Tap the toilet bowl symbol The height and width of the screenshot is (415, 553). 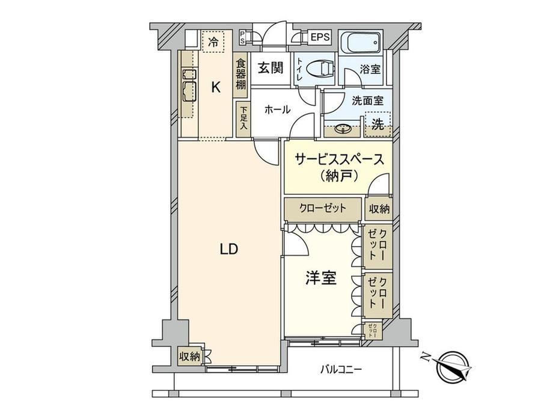(x=320, y=69)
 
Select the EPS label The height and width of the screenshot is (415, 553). (x=320, y=37)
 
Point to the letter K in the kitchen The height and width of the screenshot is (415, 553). (x=216, y=87)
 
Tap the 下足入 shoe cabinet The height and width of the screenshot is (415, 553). (x=243, y=118)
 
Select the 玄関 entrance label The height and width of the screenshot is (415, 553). (x=270, y=68)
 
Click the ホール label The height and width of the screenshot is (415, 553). (x=277, y=109)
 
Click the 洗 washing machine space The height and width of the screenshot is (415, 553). (x=377, y=124)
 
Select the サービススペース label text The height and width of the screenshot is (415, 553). (x=338, y=160)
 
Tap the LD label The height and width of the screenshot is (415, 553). (x=229, y=250)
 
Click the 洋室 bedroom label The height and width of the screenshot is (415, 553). (x=321, y=278)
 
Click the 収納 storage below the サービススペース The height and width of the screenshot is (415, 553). (x=379, y=209)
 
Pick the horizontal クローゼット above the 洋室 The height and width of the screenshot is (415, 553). (x=323, y=208)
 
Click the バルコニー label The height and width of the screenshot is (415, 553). (x=341, y=370)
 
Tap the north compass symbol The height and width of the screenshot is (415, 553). (x=452, y=366)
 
